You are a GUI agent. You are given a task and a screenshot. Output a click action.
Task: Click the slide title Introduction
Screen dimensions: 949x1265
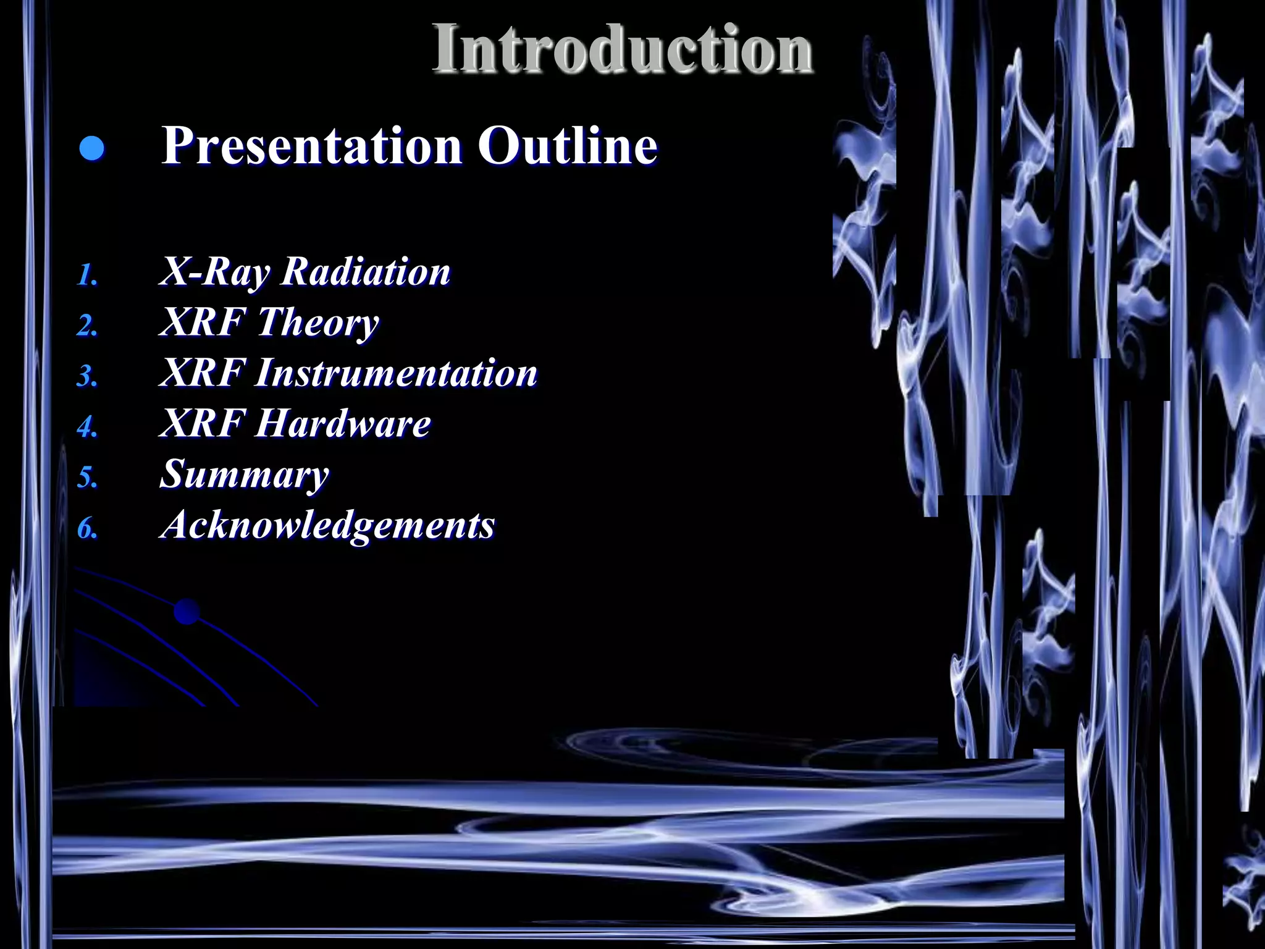click(x=622, y=49)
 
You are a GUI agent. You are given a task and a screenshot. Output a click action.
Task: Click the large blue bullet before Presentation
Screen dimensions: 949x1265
click(x=92, y=149)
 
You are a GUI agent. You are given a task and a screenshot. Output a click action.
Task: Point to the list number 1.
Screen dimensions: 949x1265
click(x=87, y=275)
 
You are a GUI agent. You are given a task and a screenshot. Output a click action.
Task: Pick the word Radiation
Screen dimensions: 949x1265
click(x=366, y=272)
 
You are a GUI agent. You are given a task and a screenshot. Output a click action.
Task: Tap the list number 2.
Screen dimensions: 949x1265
click(x=87, y=326)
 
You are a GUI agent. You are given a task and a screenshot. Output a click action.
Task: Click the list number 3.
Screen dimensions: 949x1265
click(x=87, y=376)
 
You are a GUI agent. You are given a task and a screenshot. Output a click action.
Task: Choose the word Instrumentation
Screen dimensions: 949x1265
click(x=396, y=373)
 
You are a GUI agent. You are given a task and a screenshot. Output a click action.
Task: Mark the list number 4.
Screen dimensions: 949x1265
click(x=87, y=427)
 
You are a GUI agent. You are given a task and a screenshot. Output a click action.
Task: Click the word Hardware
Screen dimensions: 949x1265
click(x=343, y=424)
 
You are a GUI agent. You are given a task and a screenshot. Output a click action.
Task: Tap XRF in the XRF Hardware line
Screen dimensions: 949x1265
click(x=202, y=424)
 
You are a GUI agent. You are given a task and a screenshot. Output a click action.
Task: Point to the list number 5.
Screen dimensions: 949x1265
click(x=87, y=478)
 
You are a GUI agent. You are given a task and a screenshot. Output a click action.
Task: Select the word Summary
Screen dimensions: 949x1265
click(x=244, y=474)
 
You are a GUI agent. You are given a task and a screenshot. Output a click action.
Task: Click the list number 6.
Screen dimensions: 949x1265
click(x=87, y=528)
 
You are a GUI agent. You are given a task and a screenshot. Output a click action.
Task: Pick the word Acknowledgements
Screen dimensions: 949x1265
click(x=327, y=525)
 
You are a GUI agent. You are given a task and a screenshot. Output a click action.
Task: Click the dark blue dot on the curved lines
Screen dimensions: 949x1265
click(x=187, y=612)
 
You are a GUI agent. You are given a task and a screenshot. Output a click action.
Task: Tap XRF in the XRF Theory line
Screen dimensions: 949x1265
click(x=202, y=323)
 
